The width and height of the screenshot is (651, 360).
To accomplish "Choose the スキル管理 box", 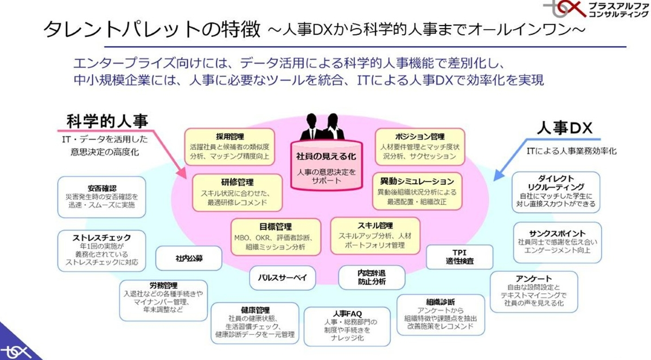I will [x=375, y=236].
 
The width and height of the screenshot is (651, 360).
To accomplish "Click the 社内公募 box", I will [x=189, y=258].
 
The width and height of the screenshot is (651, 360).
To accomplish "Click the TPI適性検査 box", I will [x=459, y=257].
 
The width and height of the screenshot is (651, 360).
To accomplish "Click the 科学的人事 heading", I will [x=107, y=120].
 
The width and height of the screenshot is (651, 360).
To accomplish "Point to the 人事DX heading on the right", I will [x=564, y=128].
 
